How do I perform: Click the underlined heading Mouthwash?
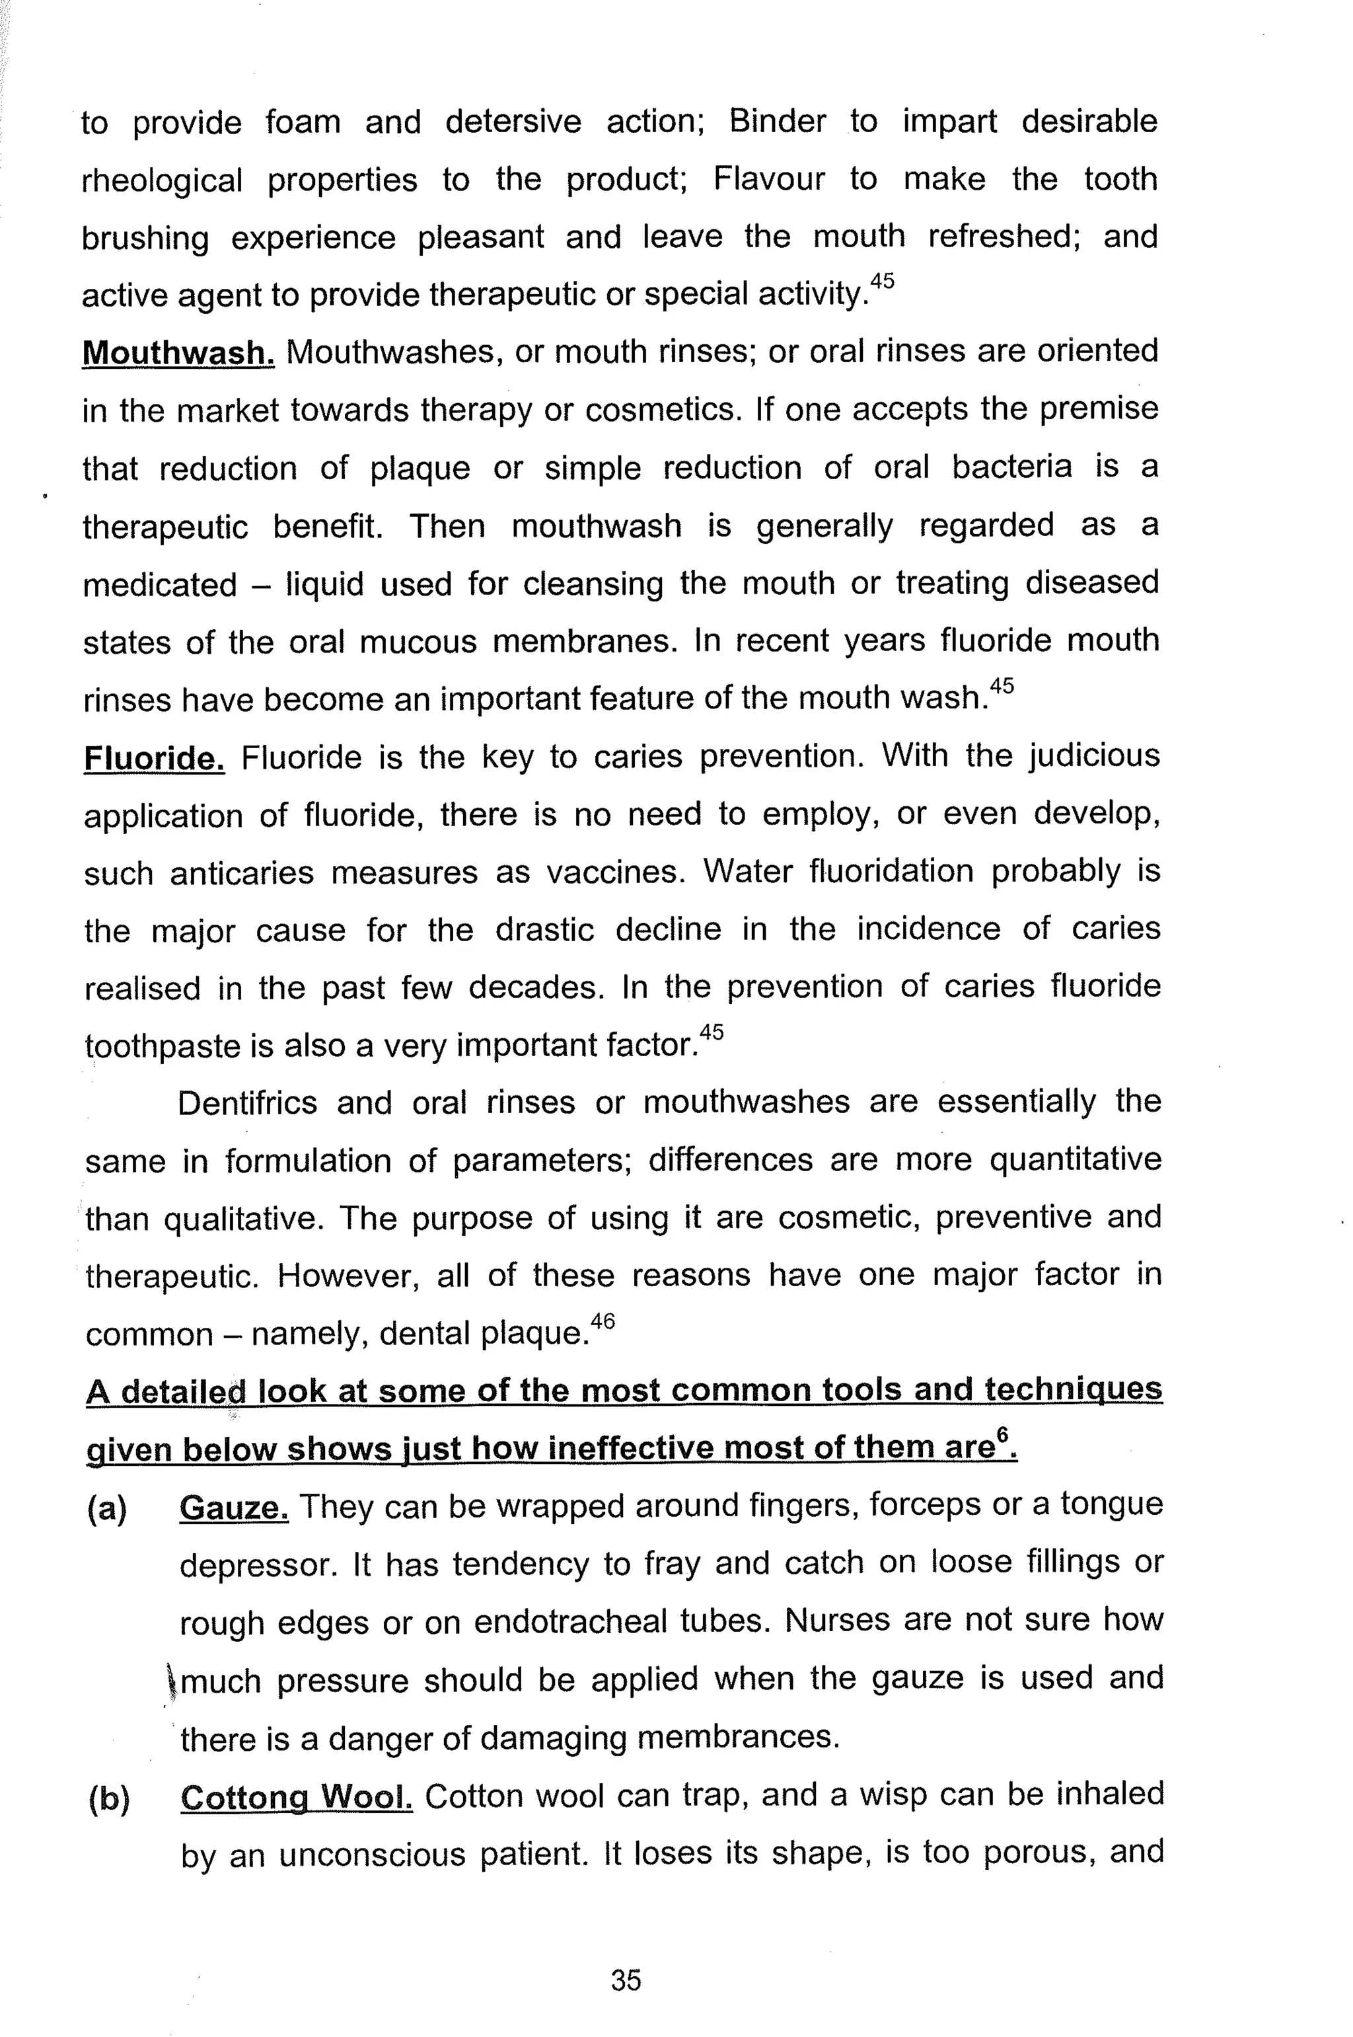178,352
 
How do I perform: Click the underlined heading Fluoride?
155,758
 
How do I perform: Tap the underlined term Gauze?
234,1507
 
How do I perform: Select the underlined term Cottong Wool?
297,1797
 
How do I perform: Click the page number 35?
626,1980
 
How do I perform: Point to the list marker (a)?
108,1508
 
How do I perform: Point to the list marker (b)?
109,1798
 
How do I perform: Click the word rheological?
163,180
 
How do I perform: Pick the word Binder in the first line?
777,121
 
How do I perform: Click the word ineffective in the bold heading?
636,1447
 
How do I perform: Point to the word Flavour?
768,180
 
